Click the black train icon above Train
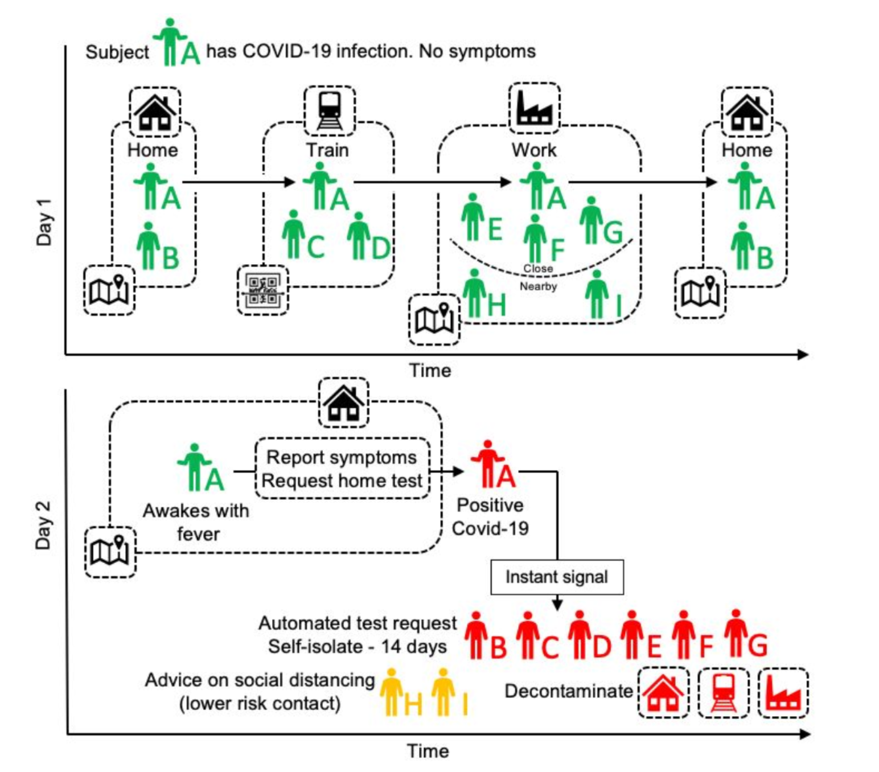[330, 111]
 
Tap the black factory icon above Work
[534, 108]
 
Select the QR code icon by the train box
[262, 290]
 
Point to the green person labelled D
[359, 236]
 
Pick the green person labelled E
[473, 217]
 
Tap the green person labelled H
[474, 293]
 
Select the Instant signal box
[557, 577]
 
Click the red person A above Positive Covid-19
[488, 463]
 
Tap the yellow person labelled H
[391, 691]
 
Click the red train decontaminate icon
[723, 692]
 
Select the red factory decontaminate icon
[783, 692]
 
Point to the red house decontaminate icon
[663, 692]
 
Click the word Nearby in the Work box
[538, 286]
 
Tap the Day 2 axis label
[43, 525]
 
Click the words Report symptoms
[342, 457]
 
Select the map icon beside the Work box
[434, 319]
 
